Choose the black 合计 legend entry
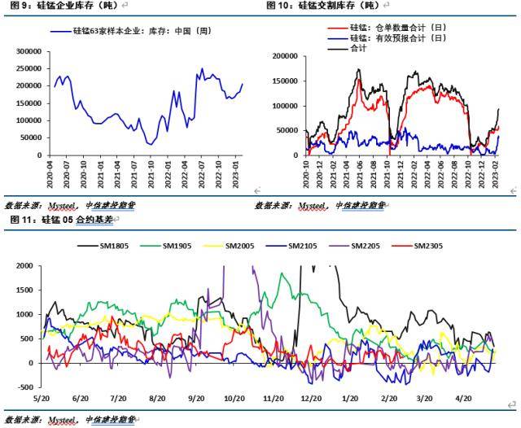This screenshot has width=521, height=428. pos(357,48)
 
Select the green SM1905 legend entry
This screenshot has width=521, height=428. pos(177,246)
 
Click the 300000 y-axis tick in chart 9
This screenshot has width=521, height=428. pos(27,50)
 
